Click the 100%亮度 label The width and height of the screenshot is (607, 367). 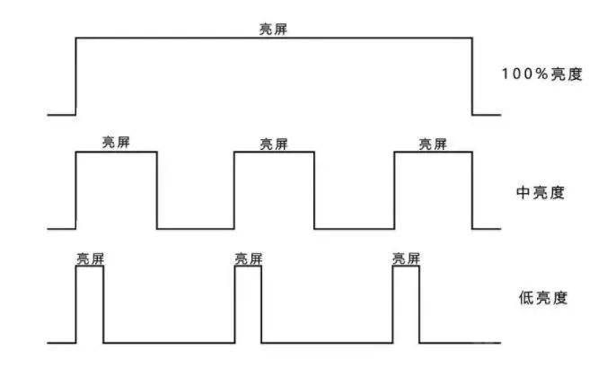[542, 74]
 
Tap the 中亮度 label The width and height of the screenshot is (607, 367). [541, 192]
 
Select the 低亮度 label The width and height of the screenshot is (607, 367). [543, 298]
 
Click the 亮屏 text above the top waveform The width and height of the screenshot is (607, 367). [273, 29]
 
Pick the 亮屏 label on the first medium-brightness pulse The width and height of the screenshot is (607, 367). [116, 142]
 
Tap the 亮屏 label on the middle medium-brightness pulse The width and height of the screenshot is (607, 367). [274, 144]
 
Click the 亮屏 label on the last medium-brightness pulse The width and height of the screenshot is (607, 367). [433, 144]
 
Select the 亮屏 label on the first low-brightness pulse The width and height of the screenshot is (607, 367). [90, 258]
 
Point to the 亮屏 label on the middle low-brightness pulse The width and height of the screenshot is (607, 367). [248, 258]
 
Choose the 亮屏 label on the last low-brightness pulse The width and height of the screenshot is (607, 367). [406, 258]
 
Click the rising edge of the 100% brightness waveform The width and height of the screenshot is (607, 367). [75, 76]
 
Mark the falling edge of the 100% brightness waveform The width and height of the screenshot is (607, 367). [472, 76]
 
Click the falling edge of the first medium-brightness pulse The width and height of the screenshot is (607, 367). [157, 190]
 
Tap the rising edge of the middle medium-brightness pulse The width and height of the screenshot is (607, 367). [234, 190]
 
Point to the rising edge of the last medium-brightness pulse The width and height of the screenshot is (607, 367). [394, 190]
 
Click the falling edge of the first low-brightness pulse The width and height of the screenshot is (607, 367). [103, 304]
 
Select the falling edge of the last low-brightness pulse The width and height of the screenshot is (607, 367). [419, 304]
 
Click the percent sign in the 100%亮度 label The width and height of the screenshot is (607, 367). [541, 74]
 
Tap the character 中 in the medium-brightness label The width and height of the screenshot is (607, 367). [523, 192]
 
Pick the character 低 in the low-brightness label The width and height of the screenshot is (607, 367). [525, 298]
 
